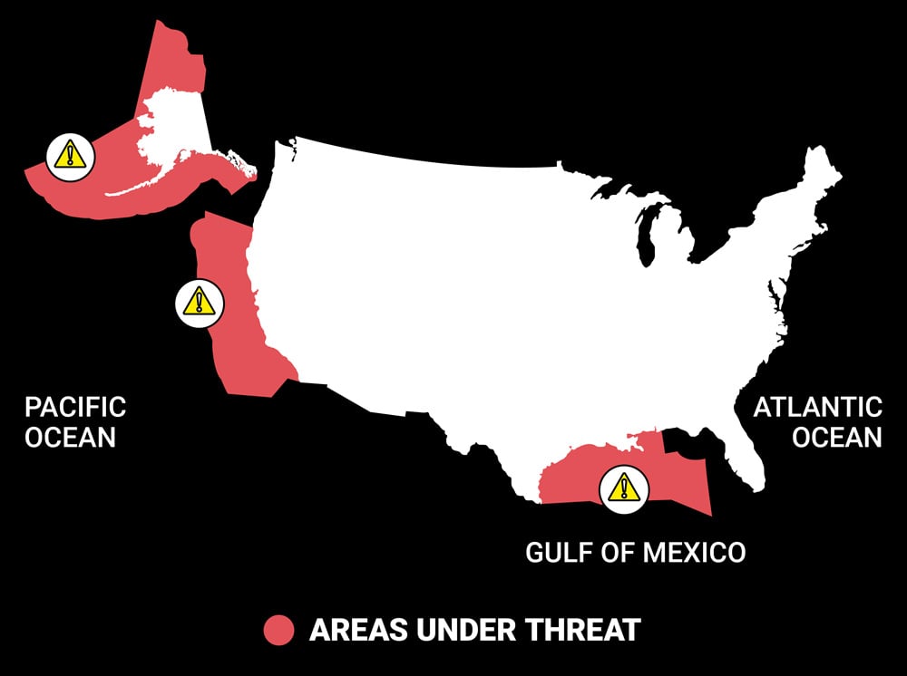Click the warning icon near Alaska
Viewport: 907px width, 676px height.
coord(69,156)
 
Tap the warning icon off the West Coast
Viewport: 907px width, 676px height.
coord(199,301)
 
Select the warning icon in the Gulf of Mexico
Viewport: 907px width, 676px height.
coord(622,489)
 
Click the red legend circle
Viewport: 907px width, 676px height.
coord(278,630)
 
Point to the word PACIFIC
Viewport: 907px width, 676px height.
coord(75,407)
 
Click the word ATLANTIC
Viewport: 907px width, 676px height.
coord(817,407)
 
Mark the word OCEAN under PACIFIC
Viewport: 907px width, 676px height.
coord(71,437)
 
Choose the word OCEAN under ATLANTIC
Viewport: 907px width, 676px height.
coord(836,437)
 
